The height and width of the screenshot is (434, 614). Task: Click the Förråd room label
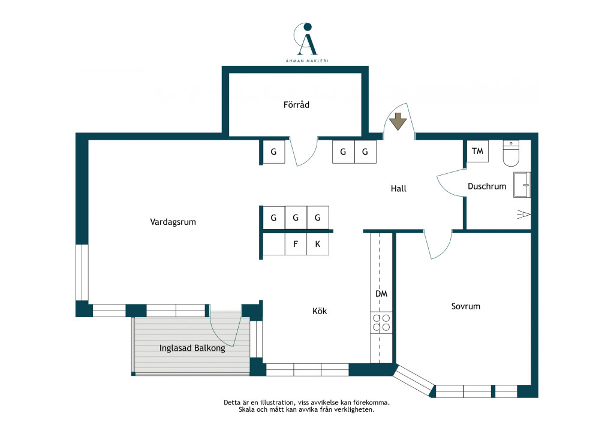pos(296,104)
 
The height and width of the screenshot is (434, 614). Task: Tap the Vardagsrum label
pos(173,222)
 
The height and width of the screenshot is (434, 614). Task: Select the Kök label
pos(320,311)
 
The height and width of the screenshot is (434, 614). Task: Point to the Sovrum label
pos(465,306)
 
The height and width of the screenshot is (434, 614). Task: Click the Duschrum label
pos(487,186)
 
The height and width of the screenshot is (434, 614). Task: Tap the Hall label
pos(399,189)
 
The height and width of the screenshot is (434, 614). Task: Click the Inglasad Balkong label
pos(192,348)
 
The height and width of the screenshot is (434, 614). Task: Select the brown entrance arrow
pos(398,121)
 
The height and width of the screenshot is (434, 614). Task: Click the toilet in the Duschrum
pos(511,153)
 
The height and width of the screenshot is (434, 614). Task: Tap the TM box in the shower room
pos(478,151)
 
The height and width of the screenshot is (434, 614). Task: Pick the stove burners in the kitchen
pos(381,323)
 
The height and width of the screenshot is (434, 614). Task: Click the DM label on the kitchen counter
pos(381,294)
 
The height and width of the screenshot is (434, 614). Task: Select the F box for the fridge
pos(296,244)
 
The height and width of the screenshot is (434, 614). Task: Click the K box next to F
pos(318,244)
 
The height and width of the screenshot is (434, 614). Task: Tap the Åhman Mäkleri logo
pos(307,43)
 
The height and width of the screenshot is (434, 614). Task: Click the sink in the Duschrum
pos(522,185)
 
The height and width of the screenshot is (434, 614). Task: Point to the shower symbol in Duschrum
pos(524,215)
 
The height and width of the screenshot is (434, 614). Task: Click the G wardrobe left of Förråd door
pos(273,152)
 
